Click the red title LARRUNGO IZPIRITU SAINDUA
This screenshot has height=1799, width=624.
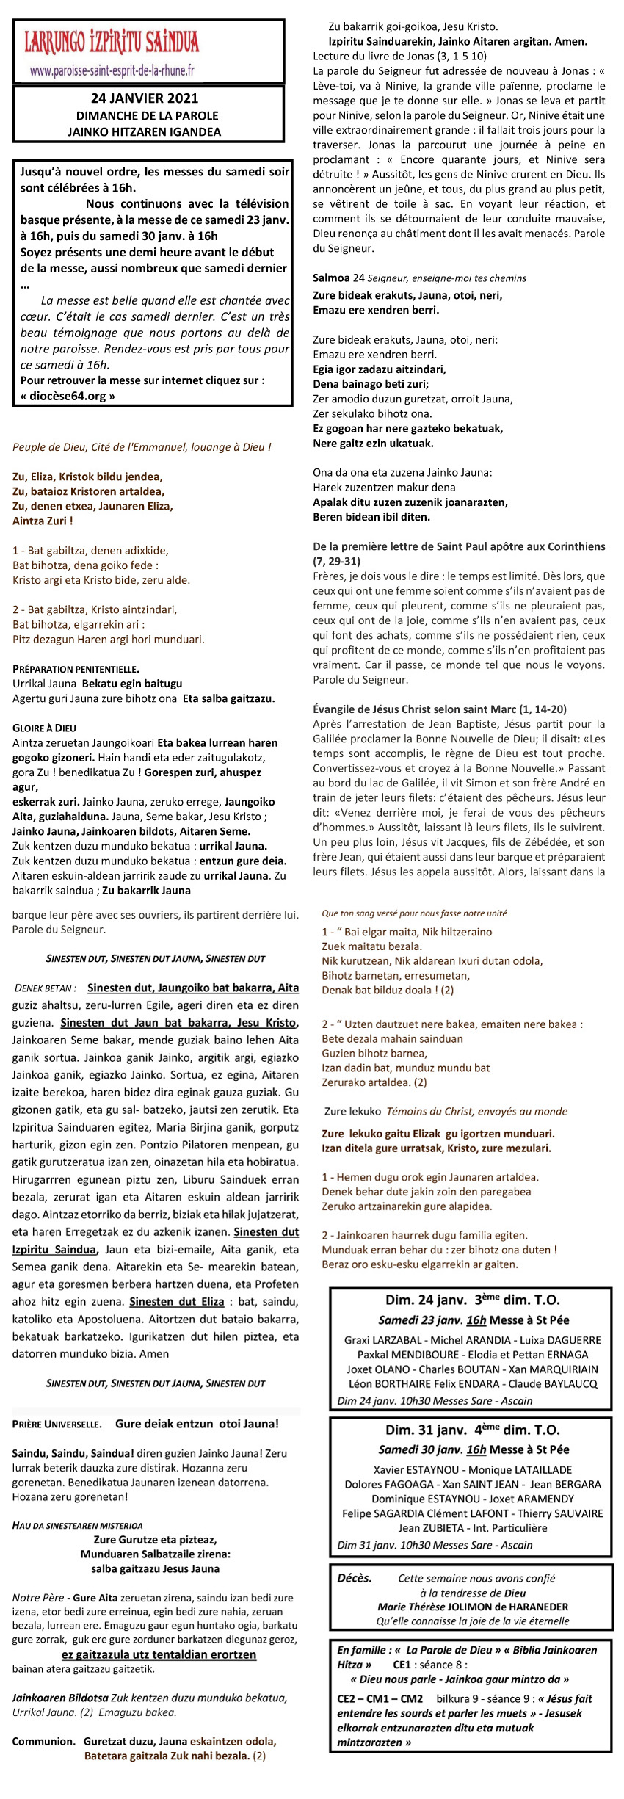point(112,43)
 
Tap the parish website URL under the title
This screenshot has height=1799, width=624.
point(112,71)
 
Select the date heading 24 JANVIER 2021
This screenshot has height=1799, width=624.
point(145,98)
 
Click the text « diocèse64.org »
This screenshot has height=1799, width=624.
point(68,397)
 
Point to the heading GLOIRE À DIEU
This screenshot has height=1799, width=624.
point(44,728)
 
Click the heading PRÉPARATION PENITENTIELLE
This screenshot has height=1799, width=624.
point(76,668)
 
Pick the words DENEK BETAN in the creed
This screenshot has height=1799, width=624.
point(44,988)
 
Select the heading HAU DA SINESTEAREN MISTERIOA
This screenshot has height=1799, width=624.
point(78,1525)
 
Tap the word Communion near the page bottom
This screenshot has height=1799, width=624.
point(44,1741)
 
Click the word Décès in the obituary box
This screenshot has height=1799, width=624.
point(355,1578)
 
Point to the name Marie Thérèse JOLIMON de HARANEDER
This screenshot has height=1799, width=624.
point(473,1607)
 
